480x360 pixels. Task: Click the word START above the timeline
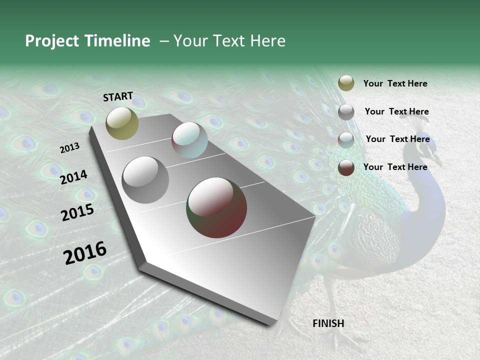(118, 96)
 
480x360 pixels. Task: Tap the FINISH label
(328, 323)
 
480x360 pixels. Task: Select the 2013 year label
(70, 147)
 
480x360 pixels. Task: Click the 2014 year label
(73, 177)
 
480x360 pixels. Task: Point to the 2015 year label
(77, 212)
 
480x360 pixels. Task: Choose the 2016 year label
(85, 252)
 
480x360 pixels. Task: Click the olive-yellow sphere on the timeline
(122, 123)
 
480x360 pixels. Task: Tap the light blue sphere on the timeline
(189, 140)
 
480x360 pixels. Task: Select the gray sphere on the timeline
(145, 179)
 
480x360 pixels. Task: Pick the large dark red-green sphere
(216, 207)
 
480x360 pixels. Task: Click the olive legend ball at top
(346, 83)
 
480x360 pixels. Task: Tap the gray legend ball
(346, 112)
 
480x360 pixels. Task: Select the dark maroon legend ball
(346, 168)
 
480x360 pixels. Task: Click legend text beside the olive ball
(395, 83)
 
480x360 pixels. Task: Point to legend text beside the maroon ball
(395, 167)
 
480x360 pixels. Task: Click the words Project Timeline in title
(87, 41)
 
